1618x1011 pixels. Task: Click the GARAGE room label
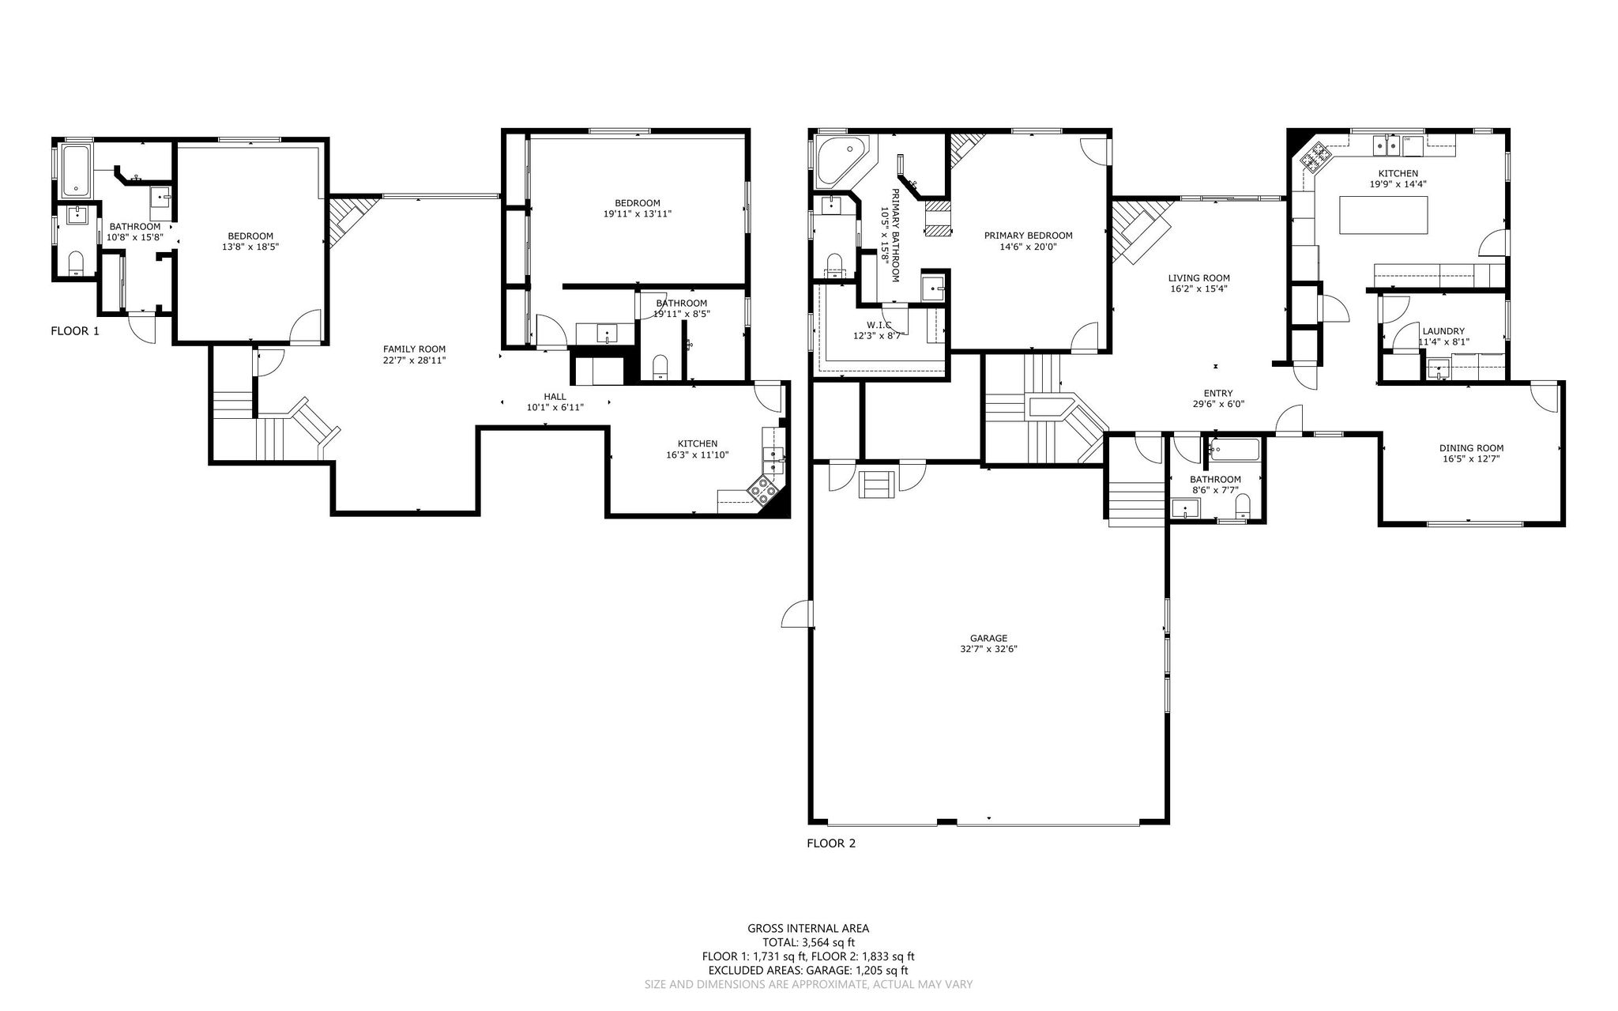(988, 638)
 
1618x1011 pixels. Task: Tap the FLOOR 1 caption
(75, 331)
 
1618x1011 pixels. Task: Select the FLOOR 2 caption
(831, 843)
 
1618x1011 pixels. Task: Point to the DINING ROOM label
(1471, 448)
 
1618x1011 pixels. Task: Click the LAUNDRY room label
(1443, 331)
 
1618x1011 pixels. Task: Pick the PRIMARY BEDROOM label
(1028, 236)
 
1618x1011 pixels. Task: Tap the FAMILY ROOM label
(414, 349)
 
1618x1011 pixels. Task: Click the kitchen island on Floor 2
(1385, 214)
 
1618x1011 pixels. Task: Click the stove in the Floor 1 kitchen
(764, 490)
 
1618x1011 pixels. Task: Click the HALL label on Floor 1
(555, 397)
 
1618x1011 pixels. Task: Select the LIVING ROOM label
(1198, 278)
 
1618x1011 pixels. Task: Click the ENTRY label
(1217, 394)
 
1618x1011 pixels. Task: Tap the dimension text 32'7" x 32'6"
(988, 649)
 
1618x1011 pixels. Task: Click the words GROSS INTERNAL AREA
(808, 929)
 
